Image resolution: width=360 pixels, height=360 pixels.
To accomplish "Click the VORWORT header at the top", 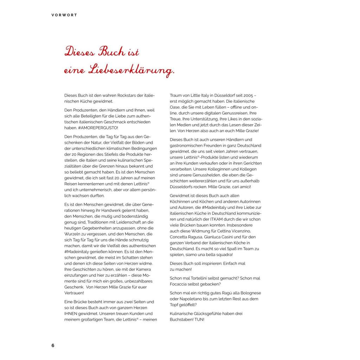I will point(64,15).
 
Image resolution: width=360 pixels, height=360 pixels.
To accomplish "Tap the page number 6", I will point(53,345).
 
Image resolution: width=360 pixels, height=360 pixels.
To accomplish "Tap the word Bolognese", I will point(250,293).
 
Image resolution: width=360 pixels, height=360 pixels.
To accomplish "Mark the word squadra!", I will point(222,254).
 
